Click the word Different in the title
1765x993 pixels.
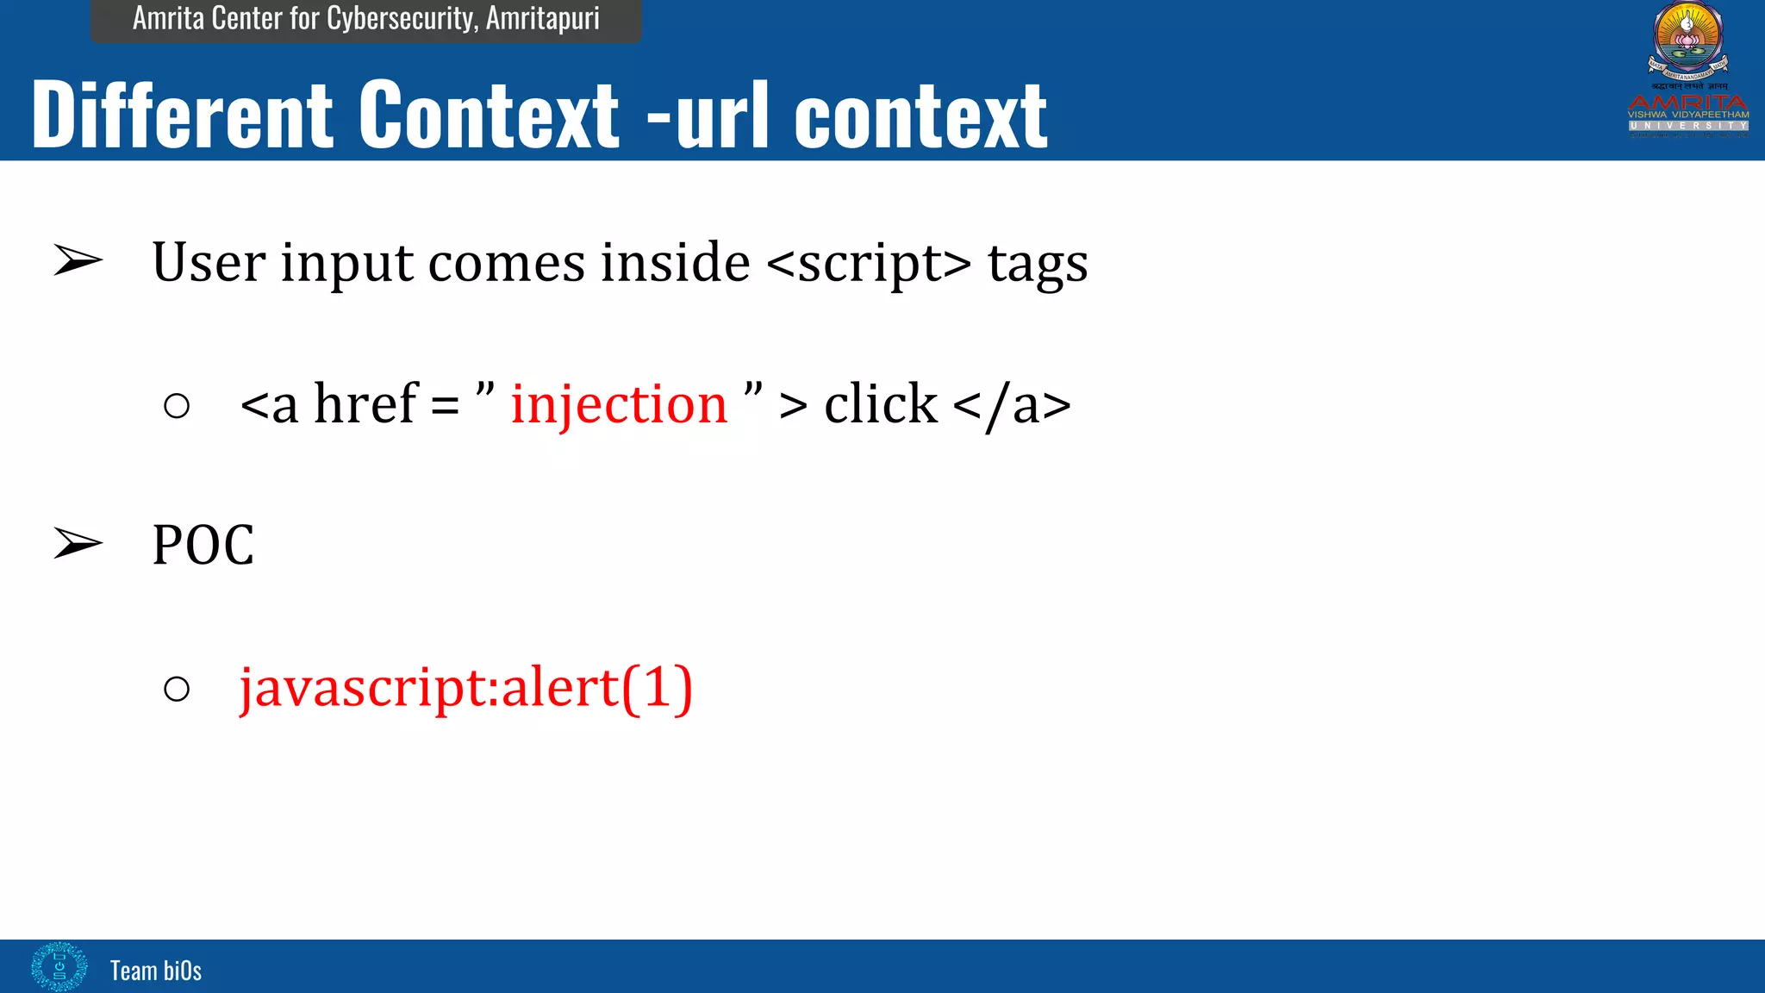182,115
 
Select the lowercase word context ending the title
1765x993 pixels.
920,117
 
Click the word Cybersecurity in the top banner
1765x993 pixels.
402,18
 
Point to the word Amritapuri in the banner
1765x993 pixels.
542,18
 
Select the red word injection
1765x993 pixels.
619,404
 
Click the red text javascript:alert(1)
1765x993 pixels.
466,688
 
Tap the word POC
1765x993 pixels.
203,545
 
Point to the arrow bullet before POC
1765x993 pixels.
78,544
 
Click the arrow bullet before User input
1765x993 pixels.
78,261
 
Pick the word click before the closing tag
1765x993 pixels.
880,404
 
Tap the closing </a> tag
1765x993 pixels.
1012,405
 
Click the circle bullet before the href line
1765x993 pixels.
177,406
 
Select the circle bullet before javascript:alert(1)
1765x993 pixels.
177,689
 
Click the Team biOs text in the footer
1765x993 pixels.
156,971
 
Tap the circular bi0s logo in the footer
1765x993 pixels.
59,966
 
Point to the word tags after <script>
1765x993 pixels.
1038,264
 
